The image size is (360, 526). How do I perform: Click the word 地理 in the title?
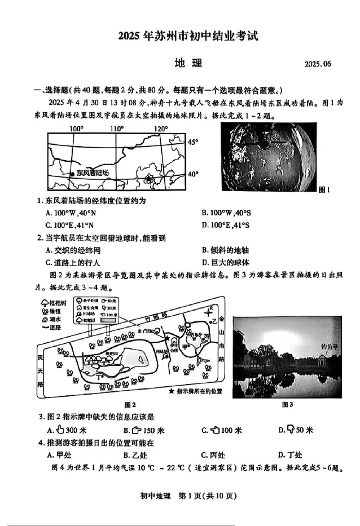pyautogui.click(x=188, y=63)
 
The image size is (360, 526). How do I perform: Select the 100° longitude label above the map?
pyautogui.click(x=77, y=129)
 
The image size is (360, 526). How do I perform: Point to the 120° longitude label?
pyautogui.click(x=161, y=129)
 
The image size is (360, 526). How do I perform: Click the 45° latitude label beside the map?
pyautogui.click(x=194, y=142)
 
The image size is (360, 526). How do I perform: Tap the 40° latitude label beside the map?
pyautogui.click(x=194, y=174)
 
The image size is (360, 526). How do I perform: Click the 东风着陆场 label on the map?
pyautogui.click(x=93, y=173)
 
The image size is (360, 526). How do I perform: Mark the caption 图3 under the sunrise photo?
pyautogui.click(x=287, y=404)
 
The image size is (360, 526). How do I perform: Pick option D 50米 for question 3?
pyautogui.click(x=295, y=430)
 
